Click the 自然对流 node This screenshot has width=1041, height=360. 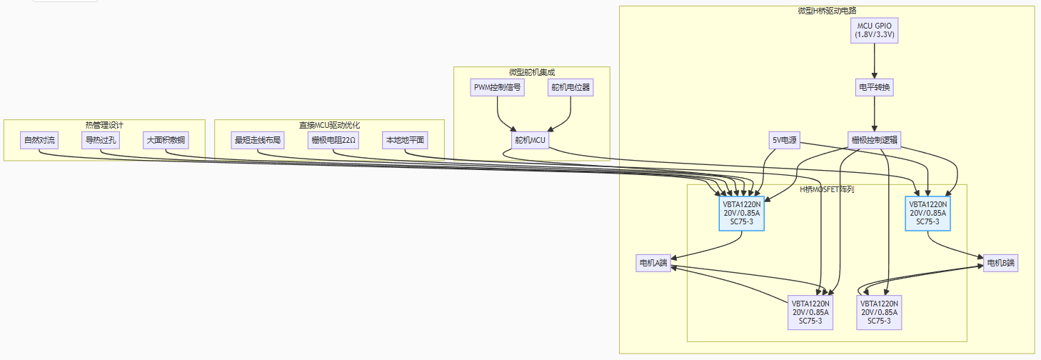pyautogui.click(x=39, y=140)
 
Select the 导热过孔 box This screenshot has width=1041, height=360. pyautogui.click(x=99, y=140)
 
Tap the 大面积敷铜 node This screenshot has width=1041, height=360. pyautogui.click(x=165, y=140)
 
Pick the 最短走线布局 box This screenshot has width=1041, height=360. pyautogui.click(x=257, y=140)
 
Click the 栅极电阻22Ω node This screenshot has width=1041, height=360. pyautogui.click(x=334, y=140)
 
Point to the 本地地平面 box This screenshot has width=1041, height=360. pyautogui.click(x=405, y=140)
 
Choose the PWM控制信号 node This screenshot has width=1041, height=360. pyautogui.click(x=498, y=88)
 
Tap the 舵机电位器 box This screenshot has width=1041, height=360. pyautogui.click(x=570, y=88)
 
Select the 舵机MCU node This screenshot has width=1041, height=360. pyautogui.click(x=530, y=140)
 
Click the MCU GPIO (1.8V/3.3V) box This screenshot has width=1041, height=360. pyautogui.click(x=875, y=30)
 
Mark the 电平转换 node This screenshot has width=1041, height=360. pyautogui.click(x=875, y=88)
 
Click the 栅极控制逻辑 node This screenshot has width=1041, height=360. pyautogui.click(x=875, y=140)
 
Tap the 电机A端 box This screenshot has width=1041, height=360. pyautogui.click(x=653, y=263)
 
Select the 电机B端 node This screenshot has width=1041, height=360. pyautogui.click(x=1000, y=263)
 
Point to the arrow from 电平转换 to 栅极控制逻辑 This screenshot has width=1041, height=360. pyautogui.click(x=875, y=114)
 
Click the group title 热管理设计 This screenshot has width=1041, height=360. pyautogui.click(x=104, y=125)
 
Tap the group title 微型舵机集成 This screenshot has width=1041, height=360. pyautogui.click(x=532, y=72)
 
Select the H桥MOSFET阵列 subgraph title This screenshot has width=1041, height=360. pyautogui.click(x=827, y=189)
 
